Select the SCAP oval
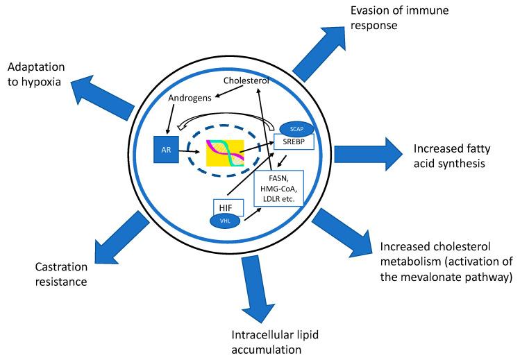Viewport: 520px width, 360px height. pos(295,129)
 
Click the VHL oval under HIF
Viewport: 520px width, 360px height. pos(224,219)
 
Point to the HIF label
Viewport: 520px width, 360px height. pos(224,206)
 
